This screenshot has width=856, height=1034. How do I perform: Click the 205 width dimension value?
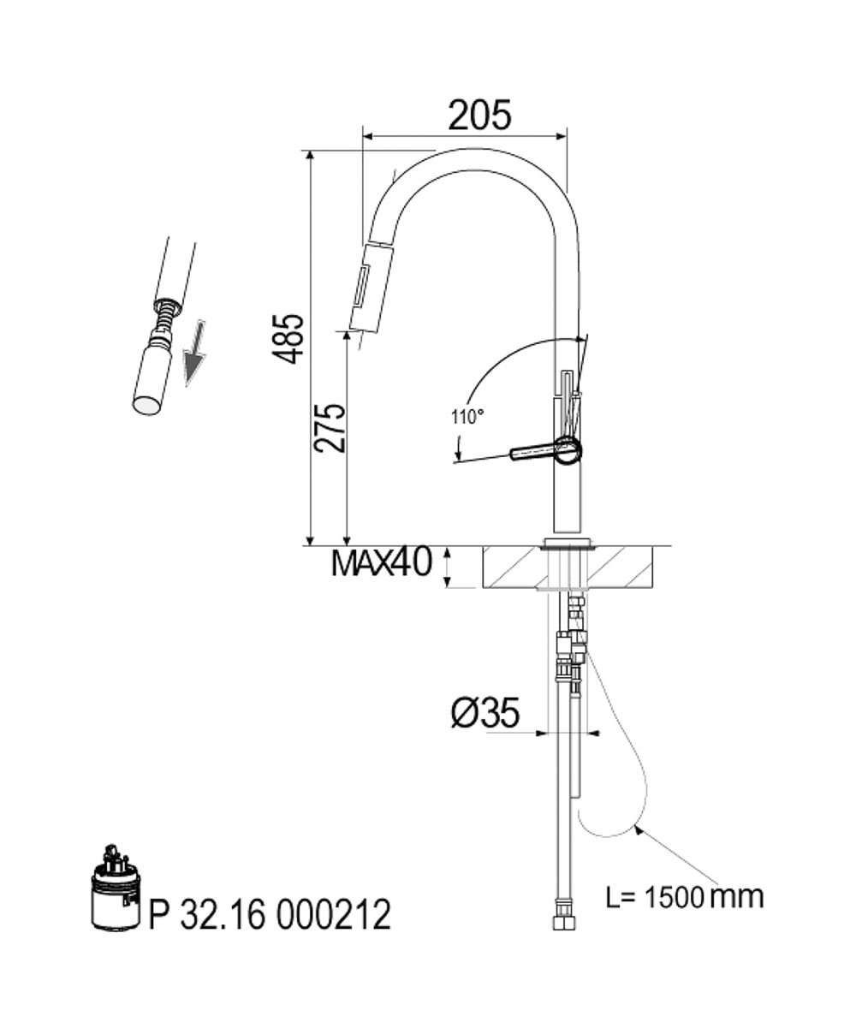(479, 116)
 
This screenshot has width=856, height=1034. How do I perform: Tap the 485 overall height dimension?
(288, 339)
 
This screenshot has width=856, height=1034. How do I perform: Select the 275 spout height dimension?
(330, 428)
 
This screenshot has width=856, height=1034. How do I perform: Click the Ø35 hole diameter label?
(485, 713)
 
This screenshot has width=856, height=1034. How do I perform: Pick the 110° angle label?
(467, 417)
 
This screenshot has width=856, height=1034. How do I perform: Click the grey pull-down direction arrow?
(194, 353)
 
